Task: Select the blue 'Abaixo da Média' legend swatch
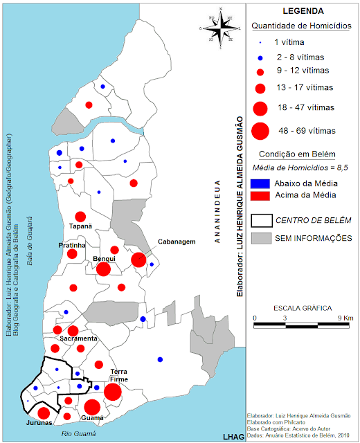click(x=260, y=183)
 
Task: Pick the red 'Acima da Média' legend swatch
click(x=260, y=195)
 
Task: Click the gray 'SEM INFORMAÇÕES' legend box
click(x=260, y=238)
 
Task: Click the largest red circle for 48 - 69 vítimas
click(x=260, y=130)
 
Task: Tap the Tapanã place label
click(x=80, y=226)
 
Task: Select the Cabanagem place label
click(x=176, y=242)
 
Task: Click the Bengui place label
click(x=104, y=258)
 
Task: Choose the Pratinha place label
click(x=71, y=245)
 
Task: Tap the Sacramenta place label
click(x=78, y=338)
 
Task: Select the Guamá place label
click(x=93, y=418)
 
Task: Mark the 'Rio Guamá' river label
click(x=78, y=434)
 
